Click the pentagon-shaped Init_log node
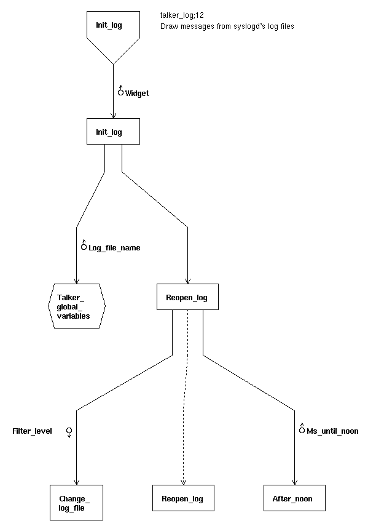pos(113,34)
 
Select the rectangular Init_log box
pos(113,132)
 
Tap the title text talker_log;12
pos(182,15)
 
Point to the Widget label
pos(137,94)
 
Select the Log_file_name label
pos(114,248)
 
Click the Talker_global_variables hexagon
pos(77,306)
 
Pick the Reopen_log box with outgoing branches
pos(187,297)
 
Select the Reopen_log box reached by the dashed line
pos(183,498)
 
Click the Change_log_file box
pos(76,503)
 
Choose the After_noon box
pos(294,498)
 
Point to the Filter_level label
pos(32,431)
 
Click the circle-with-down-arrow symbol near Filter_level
pos(69,432)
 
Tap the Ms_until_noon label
pos(332,431)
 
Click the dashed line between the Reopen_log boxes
pos(184,397)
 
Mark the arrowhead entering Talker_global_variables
pos(76,281)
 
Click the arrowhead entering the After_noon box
pos(295,482)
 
